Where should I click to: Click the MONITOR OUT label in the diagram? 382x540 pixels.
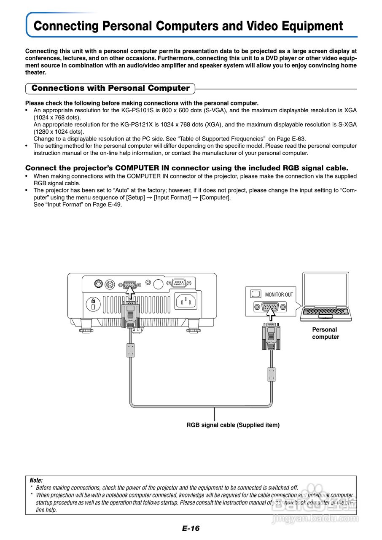pos(279,294)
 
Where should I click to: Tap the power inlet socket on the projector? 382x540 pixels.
pos(186,301)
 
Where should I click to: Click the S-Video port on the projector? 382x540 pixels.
pos(98,284)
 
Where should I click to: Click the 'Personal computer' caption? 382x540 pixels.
pos(325,333)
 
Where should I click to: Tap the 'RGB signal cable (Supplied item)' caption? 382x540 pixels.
pos(233,425)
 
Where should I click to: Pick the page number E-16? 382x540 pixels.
pos(191,528)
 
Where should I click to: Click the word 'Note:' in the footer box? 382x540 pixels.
pos(36,480)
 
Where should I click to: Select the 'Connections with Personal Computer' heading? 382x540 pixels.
pos(110,88)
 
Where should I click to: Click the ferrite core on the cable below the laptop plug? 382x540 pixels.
pos(272,374)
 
